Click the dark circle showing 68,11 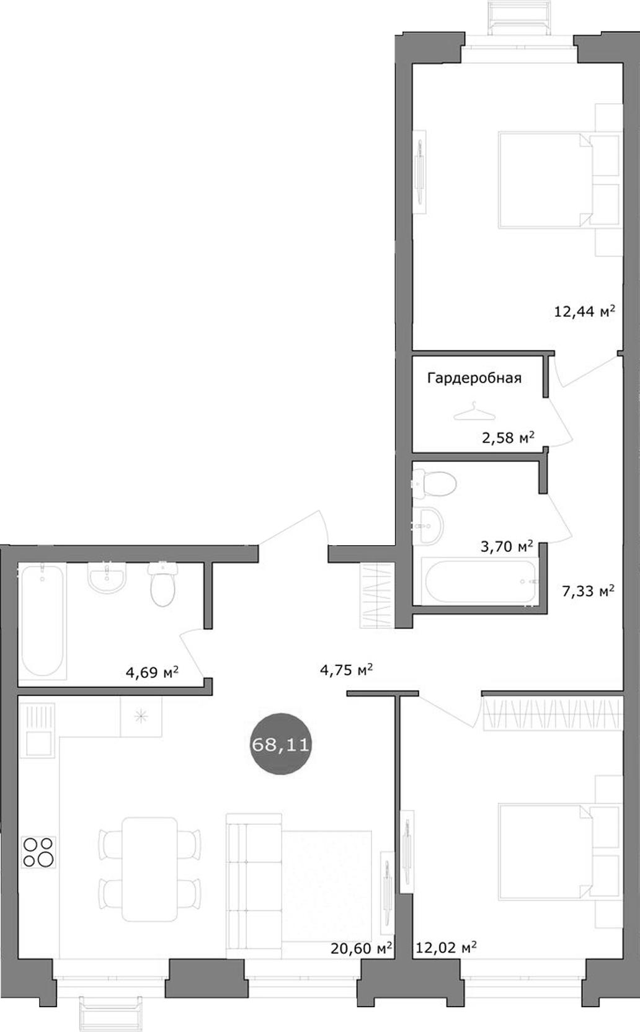coord(280,744)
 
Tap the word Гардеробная coord(474,378)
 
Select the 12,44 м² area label coord(584,311)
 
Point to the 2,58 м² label coord(508,437)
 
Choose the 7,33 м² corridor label coord(588,590)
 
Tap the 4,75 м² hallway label coord(346,669)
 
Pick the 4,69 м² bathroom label coord(152,672)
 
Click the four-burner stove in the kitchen coord(38,852)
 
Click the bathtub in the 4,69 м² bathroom coord(42,620)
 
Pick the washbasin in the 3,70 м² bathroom coord(429,525)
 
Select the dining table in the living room coord(149,868)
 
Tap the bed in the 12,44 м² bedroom coord(544,179)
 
